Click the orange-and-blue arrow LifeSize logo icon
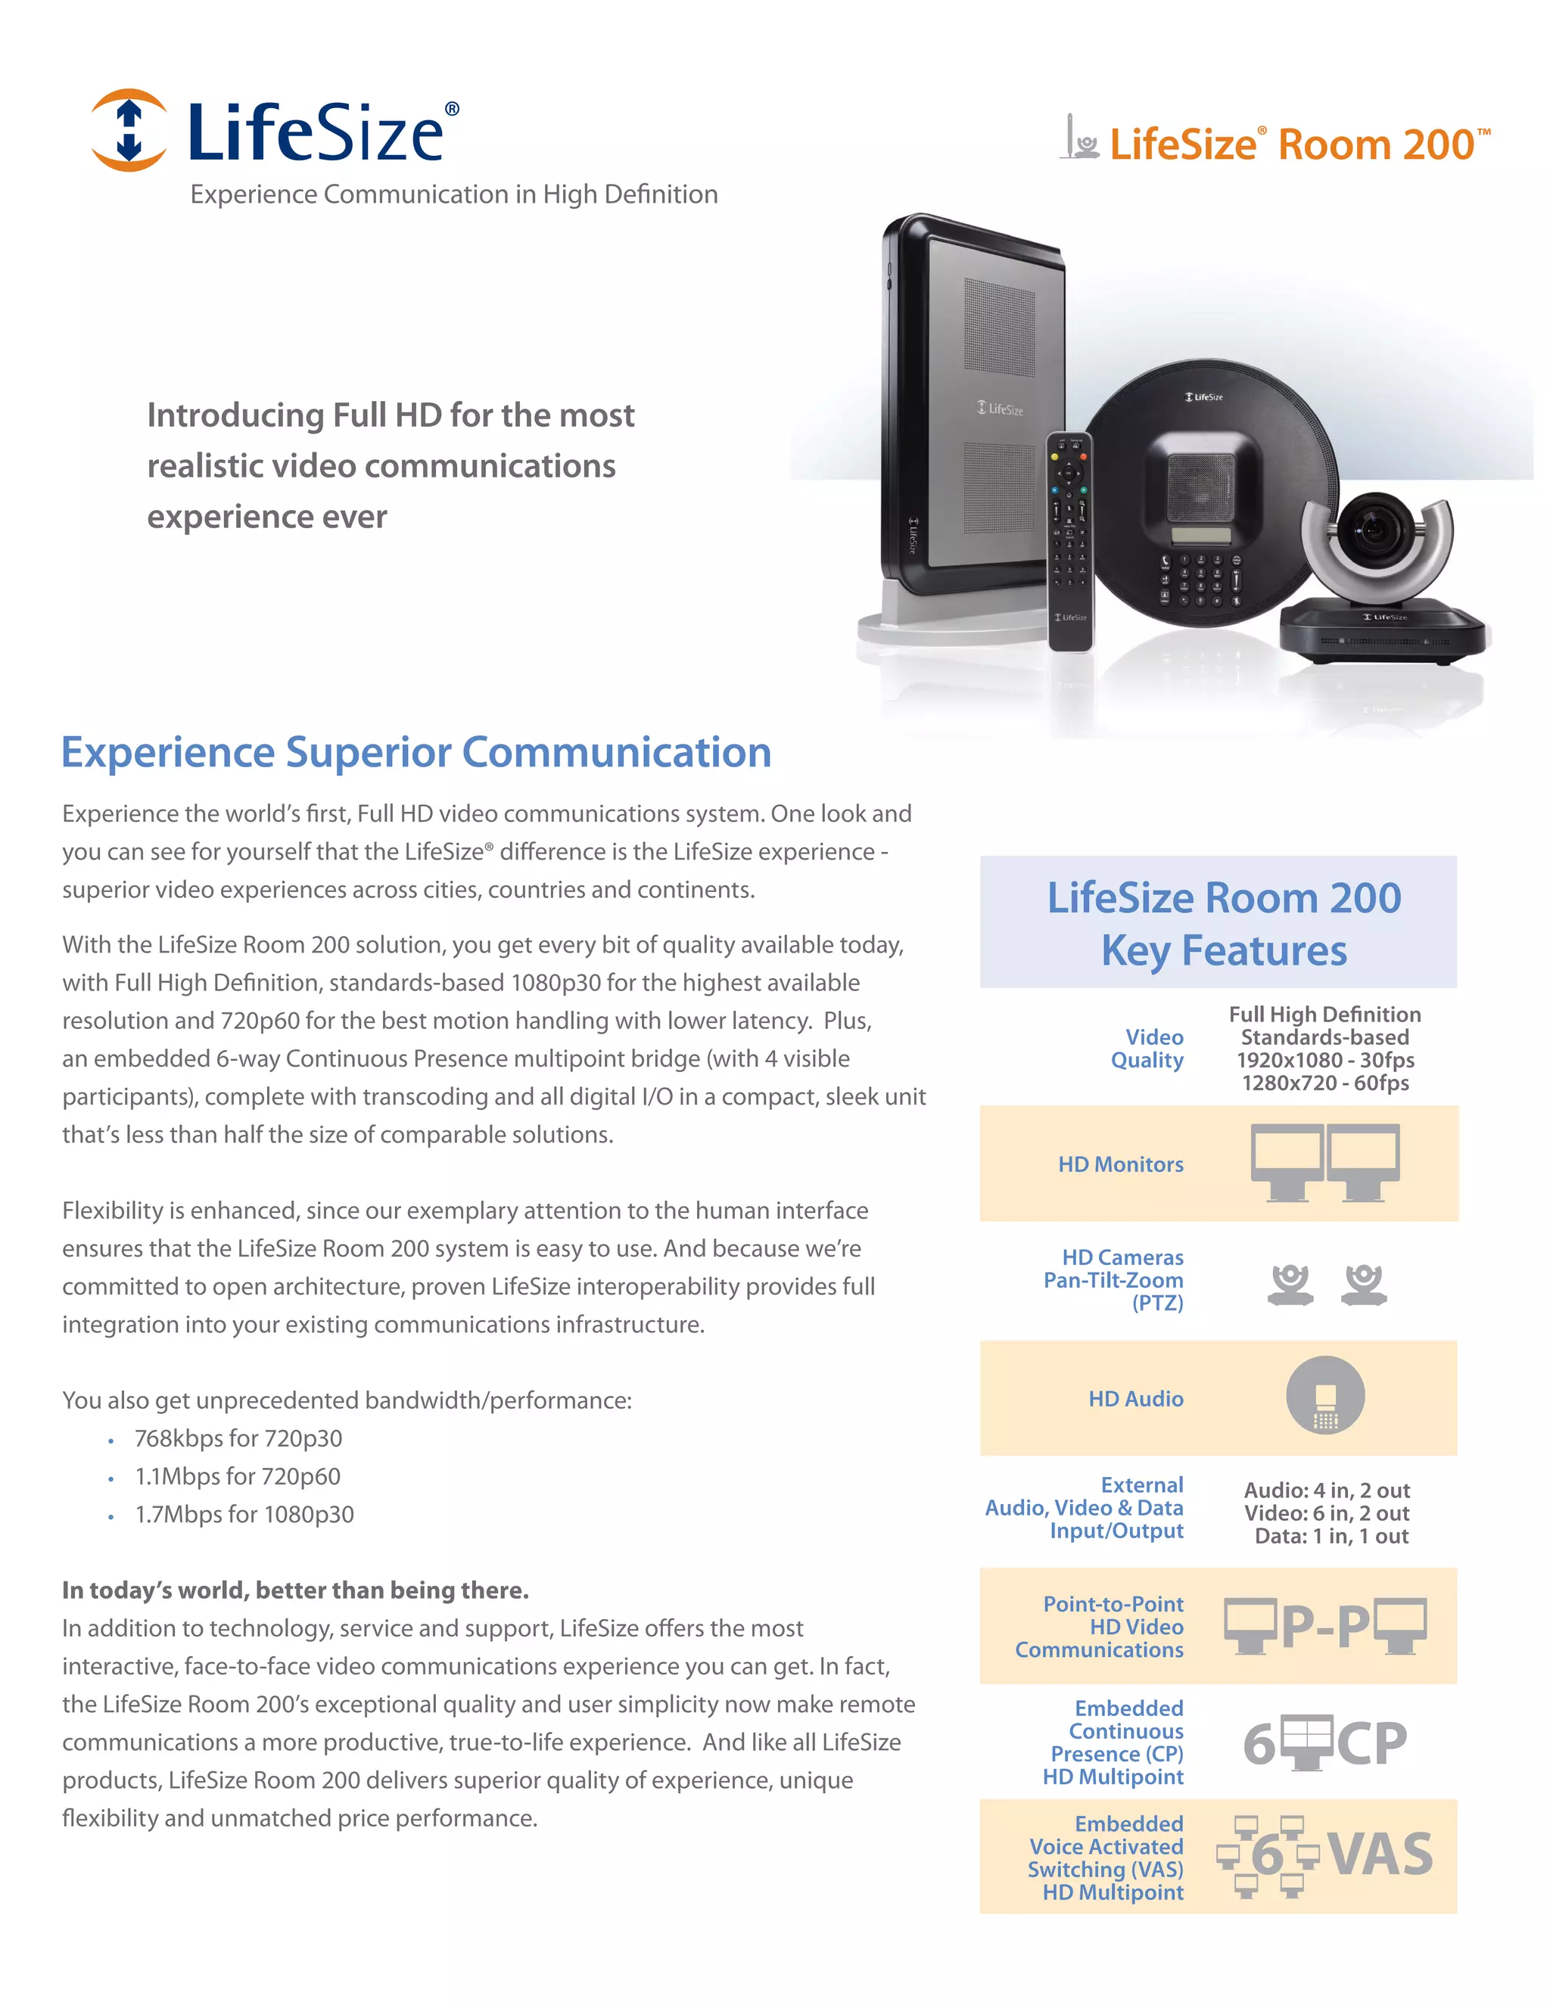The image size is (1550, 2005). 129,130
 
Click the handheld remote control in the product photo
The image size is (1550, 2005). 1069,542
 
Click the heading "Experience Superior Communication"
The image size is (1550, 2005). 416,753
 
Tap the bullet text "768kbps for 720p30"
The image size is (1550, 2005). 238,1438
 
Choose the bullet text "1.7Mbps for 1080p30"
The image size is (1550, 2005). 244,1515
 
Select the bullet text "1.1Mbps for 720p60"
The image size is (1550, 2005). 237,1476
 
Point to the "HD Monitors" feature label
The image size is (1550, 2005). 1120,1164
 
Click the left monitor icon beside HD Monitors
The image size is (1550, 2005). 1287,1161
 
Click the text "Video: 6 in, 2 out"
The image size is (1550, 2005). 1326,1513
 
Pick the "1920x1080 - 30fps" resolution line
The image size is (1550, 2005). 1325,1060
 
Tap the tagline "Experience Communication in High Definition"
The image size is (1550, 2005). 453,194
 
